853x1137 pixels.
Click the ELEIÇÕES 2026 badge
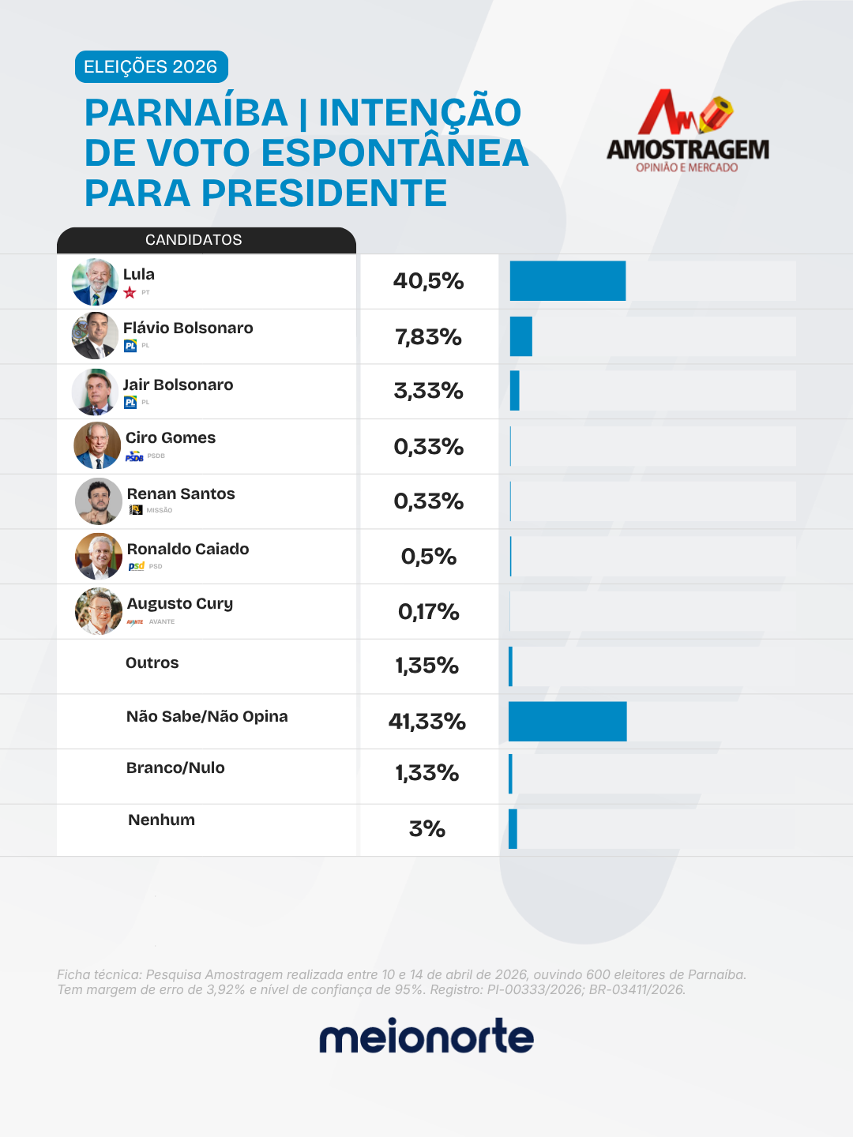tap(151, 67)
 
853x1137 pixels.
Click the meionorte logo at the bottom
tap(426, 1037)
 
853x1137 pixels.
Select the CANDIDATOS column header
tap(194, 240)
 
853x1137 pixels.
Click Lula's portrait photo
tap(95, 282)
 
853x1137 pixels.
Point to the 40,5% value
tap(428, 281)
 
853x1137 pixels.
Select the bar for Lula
tap(567, 281)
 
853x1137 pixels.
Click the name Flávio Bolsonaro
tap(188, 328)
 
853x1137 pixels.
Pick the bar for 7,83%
tap(520, 336)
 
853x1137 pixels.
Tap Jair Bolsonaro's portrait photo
tap(95, 392)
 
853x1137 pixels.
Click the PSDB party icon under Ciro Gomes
tap(134, 456)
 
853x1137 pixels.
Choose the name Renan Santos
tap(181, 493)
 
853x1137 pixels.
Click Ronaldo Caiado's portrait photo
tap(98, 556)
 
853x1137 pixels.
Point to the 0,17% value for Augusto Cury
tap(428, 612)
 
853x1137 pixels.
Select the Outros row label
tap(152, 662)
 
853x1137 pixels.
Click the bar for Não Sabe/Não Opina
tap(567, 722)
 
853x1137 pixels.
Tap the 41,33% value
tap(427, 722)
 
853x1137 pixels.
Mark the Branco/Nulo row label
tap(175, 767)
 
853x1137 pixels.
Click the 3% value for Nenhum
tap(427, 829)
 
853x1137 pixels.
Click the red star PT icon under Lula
tap(130, 293)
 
